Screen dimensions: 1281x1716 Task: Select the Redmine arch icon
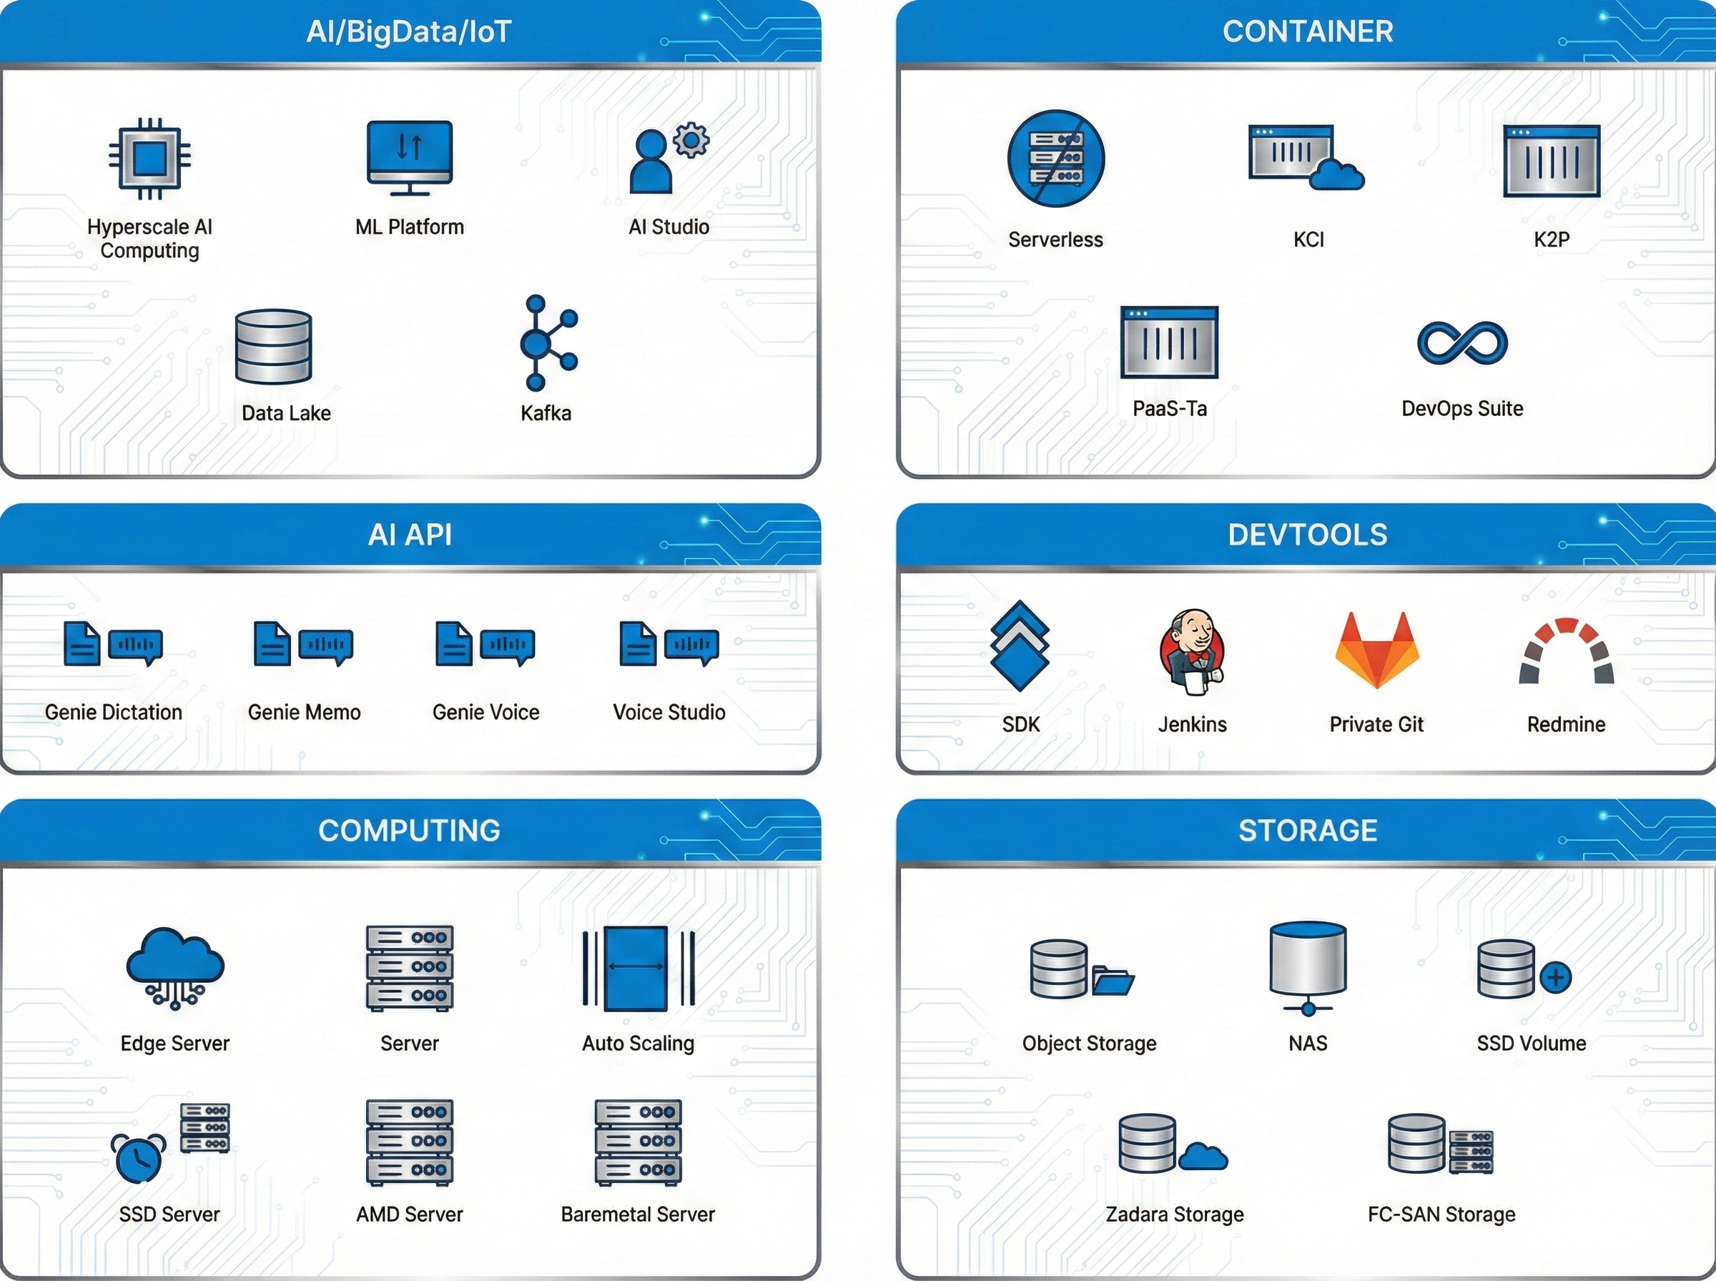1567,651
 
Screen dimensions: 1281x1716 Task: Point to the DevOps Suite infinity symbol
1461,342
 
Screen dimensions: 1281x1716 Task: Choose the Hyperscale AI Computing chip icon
149,159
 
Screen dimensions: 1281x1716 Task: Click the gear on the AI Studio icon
691,140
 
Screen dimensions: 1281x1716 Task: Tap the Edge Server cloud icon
175,966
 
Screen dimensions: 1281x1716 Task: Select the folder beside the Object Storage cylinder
1112,980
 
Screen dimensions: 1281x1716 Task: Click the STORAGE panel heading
1307,831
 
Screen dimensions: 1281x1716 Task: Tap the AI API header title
410,535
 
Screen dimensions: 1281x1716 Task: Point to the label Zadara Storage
1174,1215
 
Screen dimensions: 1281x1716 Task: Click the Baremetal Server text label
637,1215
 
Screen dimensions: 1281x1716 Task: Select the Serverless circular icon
1055,159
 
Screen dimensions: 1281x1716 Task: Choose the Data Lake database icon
274,347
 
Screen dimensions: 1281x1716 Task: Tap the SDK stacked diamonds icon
1020,646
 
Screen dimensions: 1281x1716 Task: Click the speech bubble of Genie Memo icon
325,646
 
